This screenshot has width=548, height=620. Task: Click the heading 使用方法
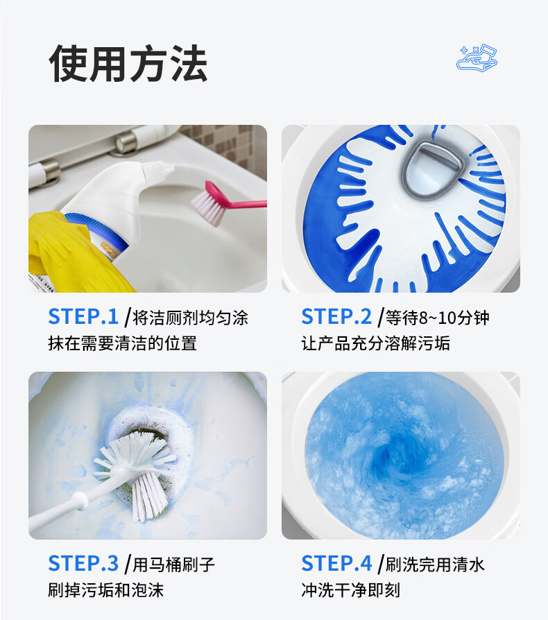(x=128, y=63)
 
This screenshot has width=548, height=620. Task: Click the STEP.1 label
(x=83, y=317)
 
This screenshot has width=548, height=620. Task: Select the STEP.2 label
(x=336, y=317)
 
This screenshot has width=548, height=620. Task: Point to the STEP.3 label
(x=83, y=563)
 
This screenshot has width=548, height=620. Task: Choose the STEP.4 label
(x=336, y=563)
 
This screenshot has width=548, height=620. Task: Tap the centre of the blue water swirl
(x=391, y=455)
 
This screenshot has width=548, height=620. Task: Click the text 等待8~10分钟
(x=437, y=318)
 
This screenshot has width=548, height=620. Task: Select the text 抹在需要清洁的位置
(x=123, y=343)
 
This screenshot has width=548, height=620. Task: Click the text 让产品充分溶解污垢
(x=376, y=343)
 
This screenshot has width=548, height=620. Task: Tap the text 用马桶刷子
(x=173, y=565)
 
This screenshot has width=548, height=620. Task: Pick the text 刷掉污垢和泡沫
(x=106, y=590)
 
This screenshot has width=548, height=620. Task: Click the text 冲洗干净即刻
(x=351, y=590)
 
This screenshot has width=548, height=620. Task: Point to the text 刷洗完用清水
(x=435, y=565)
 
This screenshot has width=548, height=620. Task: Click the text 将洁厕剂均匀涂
(x=190, y=318)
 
